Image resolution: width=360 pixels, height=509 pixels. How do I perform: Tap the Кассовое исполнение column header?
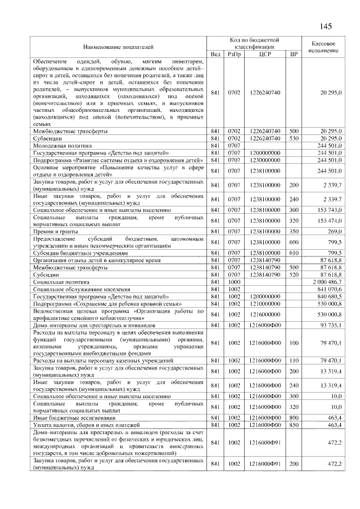pyautogui.click(x=323, y=46)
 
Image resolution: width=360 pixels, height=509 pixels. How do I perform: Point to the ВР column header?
pyautogui.click(x=293, y=53)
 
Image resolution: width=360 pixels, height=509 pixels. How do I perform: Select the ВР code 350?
pyautogui.click(x=293, y=231)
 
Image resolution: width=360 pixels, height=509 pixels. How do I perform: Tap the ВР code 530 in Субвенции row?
pyautogui.click(x=293, y=138)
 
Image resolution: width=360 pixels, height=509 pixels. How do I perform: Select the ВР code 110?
pyautogui.click(x=293, y=360)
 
